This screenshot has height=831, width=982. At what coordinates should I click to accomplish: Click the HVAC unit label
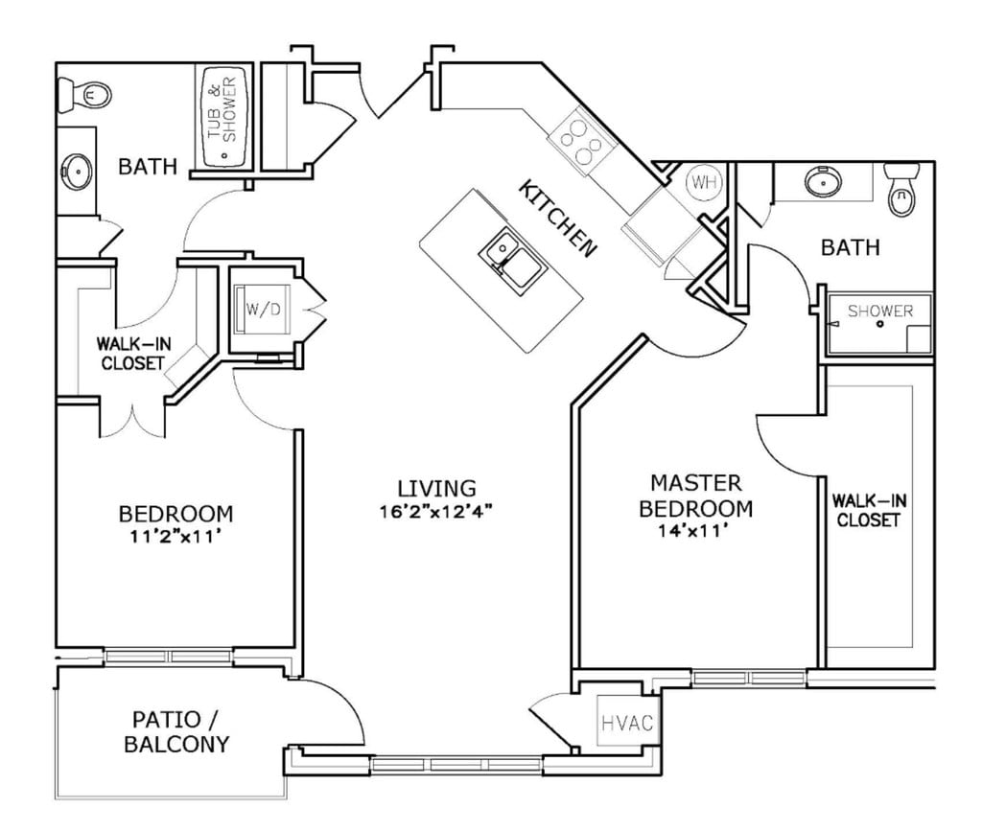tap(627, 724)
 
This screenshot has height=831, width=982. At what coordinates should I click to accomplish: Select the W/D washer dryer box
tap(263, 310)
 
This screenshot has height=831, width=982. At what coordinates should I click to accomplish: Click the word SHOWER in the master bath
tap(880, 311)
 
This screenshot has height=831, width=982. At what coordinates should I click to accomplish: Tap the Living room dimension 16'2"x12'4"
tap(436, 512)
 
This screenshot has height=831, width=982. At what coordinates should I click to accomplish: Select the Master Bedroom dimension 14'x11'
tap(693, 531)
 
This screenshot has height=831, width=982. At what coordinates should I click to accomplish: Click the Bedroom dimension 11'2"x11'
tap(175, 537)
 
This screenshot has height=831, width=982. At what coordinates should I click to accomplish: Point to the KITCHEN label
tap(557, 219)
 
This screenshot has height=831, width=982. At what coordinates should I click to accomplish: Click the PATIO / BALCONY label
tap(176, 731)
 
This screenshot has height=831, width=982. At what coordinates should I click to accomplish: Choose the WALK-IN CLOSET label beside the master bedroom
tap(869, 510)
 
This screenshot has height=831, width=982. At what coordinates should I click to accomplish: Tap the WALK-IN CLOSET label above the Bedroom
tap(132, 354)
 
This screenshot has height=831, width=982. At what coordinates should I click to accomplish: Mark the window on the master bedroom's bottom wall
tap(749, 678)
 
